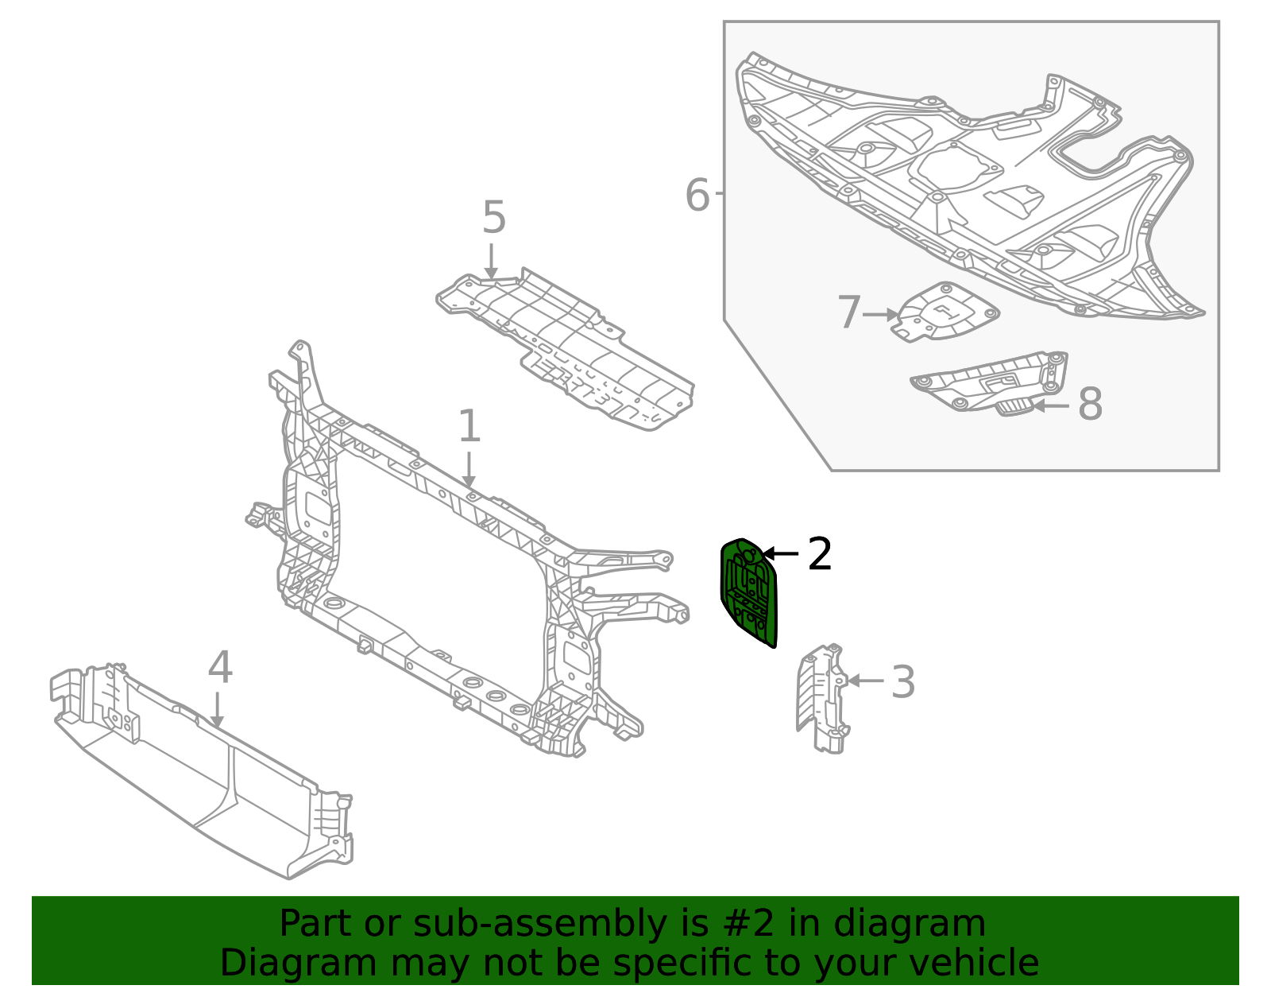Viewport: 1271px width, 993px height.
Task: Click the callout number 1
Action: coord(469,427)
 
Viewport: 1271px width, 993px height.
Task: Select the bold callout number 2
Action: coord(819,554)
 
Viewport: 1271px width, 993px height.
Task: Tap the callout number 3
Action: coord(902,682)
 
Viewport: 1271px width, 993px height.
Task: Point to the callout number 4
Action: coord(220,668)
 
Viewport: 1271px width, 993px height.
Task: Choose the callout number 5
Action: coord(493,218)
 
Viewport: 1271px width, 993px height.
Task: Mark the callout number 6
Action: coord(697,196)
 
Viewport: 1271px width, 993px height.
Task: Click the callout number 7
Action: coord(848,313)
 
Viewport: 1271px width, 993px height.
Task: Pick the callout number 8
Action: coord(1090,405)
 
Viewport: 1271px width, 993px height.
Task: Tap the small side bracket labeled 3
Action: coord(822,699)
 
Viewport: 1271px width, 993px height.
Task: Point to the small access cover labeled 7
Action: coord(945,312)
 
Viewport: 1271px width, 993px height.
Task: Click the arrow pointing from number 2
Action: coord(781,553)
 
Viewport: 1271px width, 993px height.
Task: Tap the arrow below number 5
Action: coord(491,262)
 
